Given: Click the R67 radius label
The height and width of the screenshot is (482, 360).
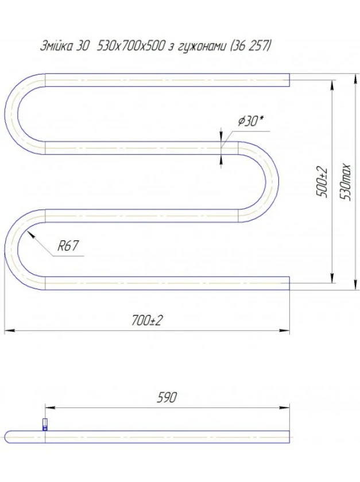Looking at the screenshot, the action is click(68, 246).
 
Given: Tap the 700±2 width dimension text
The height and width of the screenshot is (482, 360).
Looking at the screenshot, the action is click(146, 321).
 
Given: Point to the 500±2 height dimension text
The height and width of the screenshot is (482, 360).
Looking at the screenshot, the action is click(322, 182).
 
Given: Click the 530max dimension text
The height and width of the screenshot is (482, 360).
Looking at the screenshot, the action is click(345, 182).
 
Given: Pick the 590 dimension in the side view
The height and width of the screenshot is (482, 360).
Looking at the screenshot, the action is click(167, 397).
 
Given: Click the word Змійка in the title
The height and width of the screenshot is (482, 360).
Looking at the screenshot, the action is click(57, 46).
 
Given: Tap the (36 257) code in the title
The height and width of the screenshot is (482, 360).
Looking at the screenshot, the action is click(250, 46).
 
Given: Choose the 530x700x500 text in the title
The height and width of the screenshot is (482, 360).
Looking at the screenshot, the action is click(130, 46).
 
